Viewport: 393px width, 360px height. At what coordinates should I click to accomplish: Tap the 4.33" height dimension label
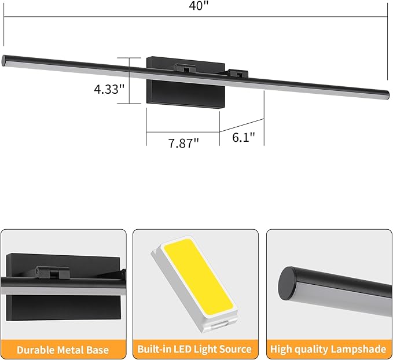coord(109,89)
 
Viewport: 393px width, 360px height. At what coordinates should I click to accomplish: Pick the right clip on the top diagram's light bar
coord(237,74)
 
